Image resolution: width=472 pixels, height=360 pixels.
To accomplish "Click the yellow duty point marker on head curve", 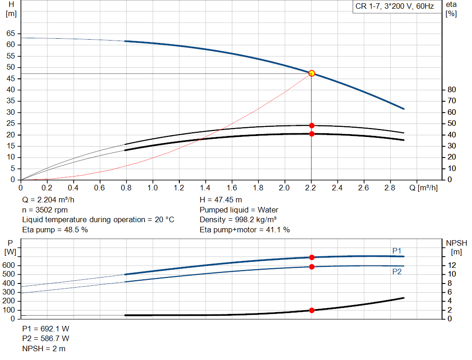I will coord(312,73).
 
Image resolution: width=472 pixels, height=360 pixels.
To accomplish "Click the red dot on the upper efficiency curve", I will coord(312,125).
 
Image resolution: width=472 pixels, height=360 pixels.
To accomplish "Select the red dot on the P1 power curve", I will coord(312,257).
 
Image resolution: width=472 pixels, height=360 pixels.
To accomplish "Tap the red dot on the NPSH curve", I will coord(312,310).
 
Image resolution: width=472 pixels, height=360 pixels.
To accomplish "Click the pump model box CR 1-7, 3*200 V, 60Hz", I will coord(395,7).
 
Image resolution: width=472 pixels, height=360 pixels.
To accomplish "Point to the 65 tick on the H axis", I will coord(10,34).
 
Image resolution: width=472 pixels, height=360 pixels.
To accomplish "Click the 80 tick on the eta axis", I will coord(452,90).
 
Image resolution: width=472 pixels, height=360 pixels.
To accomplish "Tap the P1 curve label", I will coord(397,251).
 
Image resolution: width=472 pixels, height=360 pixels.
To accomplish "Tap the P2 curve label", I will coord(397,272).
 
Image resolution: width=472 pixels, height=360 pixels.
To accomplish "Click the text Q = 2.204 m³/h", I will coord(48,200).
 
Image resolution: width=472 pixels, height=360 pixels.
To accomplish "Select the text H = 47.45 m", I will coord(221,200).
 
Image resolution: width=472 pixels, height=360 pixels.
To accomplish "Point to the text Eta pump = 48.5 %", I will coord(55,230).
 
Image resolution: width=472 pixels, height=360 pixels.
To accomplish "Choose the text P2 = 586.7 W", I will coord(46,339).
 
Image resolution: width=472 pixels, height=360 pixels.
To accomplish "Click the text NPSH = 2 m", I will coord(44,348).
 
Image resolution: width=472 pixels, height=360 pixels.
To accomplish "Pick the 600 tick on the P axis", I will coord(9,266).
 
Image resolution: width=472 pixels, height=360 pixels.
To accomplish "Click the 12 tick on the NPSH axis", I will coord(452,265).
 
